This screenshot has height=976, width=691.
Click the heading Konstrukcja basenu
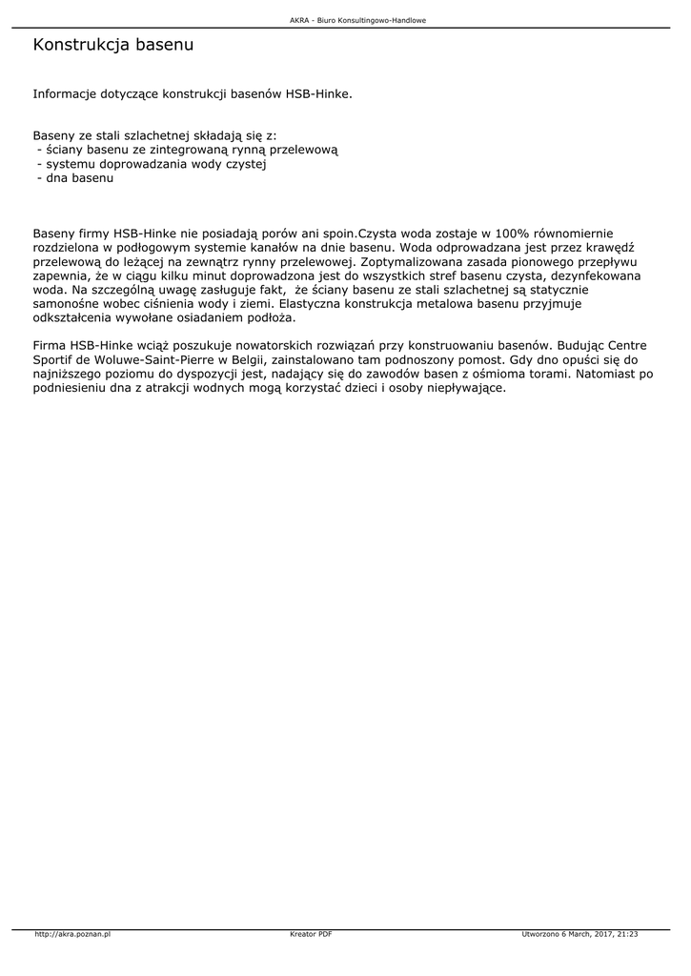[113, 45]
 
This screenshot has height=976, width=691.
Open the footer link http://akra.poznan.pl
[72, 934]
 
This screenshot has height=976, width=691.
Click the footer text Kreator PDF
[311, 934]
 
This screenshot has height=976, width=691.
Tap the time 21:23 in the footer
[626, 934]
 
